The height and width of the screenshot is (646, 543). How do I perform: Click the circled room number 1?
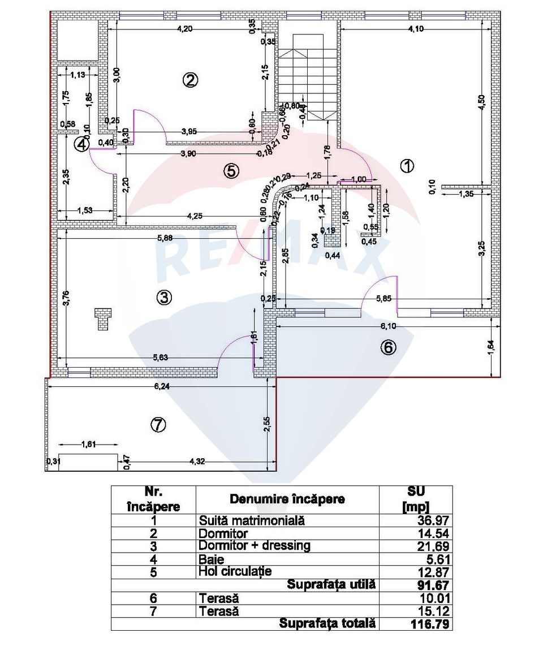pos(407,166)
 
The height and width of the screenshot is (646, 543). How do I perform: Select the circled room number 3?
pos(163,297)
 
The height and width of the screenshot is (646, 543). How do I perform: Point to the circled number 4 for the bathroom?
pos(82,145)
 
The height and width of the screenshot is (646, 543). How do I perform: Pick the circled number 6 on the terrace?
pos(387,348)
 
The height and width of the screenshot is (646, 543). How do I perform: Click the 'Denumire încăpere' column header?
pos(287,499)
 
